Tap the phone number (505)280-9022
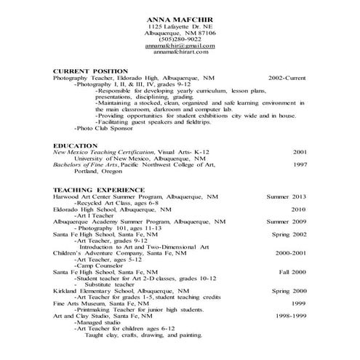(x=181, y=39)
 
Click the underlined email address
(x=181, y=45)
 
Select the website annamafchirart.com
(x=181, y=52)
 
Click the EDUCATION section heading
(x=75, y=145)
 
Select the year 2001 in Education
(x=300, y=152)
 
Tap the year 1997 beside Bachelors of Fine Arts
(x=300, y=164)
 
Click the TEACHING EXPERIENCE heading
(x=92, y=190)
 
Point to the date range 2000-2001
(x=290, y=252)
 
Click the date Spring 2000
(x=289, y=291)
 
